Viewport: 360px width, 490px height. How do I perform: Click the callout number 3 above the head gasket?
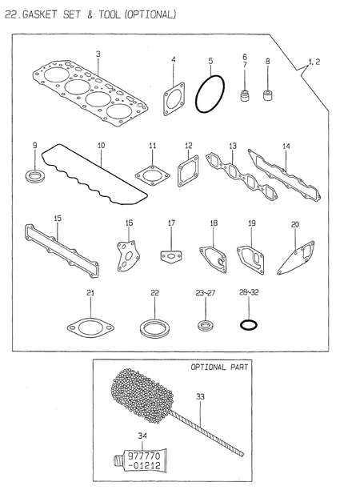click(x=98, y=54)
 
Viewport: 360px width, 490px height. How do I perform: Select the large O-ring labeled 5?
click(x=210, y=95)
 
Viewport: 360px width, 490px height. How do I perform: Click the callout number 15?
click(x=57, y=218)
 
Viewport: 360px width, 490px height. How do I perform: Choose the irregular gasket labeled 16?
click(x=129, y=251)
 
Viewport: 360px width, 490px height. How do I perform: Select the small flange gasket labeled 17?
click(x=170, y=255)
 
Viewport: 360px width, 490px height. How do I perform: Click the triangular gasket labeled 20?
click(x=294, y=255)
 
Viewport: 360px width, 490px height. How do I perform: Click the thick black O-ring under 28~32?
click(x=249, y=325)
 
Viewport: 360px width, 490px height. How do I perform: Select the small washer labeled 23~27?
click(x=206, y=325)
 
